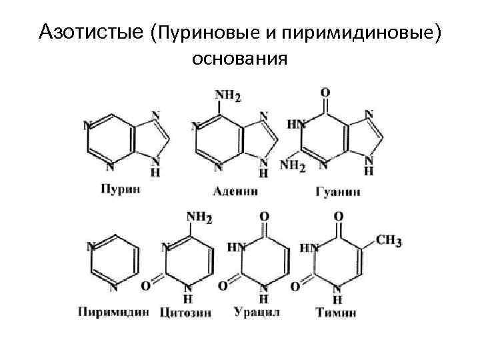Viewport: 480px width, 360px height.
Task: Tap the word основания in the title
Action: (239, 59)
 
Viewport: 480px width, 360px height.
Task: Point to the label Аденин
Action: (236, 191)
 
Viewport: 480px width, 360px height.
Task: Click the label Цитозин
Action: (189, 312)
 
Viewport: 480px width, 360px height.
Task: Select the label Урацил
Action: (257, 311)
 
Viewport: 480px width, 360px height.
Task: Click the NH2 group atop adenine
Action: (227, 95)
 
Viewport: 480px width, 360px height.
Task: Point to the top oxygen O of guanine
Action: (325, 91)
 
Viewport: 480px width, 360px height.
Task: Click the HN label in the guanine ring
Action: (296, 125)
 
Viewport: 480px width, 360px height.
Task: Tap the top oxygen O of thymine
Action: (338, 217)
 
